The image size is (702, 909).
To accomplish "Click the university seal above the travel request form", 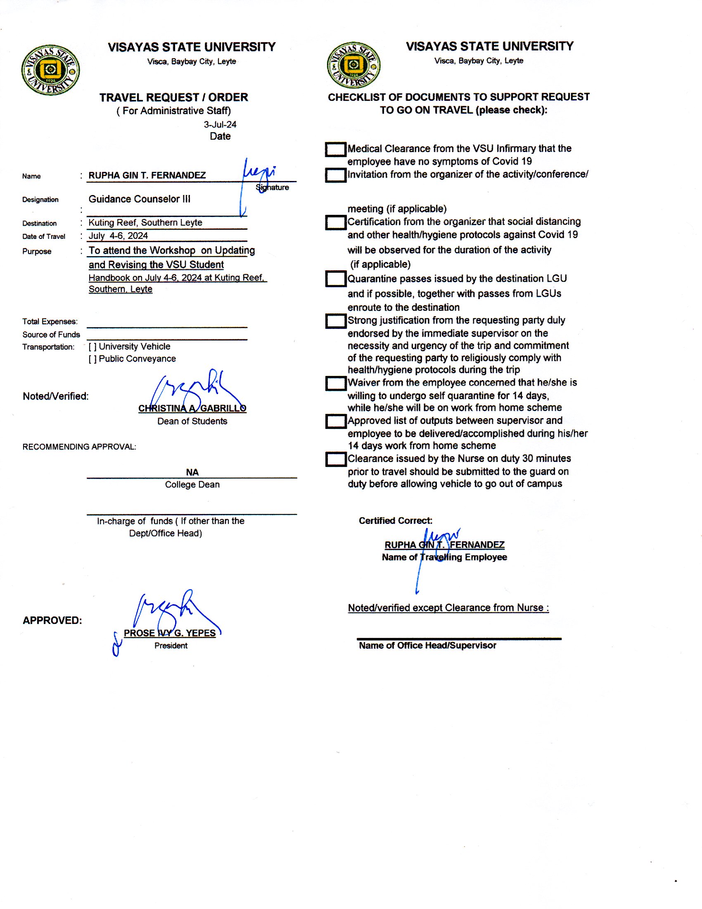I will tap(51, 70).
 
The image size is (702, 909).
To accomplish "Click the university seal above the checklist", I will tap(353, 65).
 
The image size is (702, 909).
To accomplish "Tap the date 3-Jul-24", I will tap(220, 124).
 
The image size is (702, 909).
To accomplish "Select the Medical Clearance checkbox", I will tap(335, 150).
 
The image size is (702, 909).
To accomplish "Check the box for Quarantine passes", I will tap(335, 279).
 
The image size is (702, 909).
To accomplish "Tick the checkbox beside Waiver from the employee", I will tap(335, 383).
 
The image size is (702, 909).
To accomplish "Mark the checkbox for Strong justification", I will tap(335, 321).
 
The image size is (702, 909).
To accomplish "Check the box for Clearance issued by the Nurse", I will tap(335, 459).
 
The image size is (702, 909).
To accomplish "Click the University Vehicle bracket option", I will tap(92, 347).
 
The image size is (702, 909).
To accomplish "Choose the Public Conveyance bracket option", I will tap(92, 359).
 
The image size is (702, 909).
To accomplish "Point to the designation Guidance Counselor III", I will tap(139, 199).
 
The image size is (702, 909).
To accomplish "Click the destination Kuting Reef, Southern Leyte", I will tap(145, 223).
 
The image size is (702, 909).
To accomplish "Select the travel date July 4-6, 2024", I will tap(118, 236).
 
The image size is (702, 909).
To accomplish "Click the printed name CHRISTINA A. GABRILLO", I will tap(192, 408).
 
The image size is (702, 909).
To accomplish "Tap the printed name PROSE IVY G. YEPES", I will tap(170, 633).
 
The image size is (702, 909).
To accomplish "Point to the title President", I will tap(171, 645).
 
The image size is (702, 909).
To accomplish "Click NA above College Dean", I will tap(192, 472).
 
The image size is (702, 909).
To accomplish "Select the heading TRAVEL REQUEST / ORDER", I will tap(173, 98).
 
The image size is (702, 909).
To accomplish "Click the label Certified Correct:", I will tap(396, 521).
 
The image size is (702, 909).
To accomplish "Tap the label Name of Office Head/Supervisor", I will tap(427, 645).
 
